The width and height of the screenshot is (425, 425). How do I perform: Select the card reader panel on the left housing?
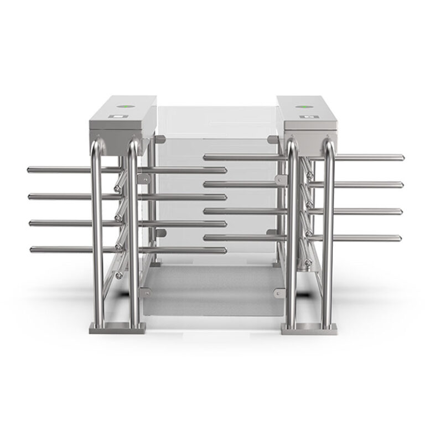[117, 117]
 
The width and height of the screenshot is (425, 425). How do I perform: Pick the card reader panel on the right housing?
[307, 117]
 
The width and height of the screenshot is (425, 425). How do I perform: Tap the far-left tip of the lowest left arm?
[32, 250]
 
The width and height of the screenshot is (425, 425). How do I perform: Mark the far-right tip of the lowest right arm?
[401, 237]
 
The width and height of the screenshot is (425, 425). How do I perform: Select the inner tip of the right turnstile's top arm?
[205, 158]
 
